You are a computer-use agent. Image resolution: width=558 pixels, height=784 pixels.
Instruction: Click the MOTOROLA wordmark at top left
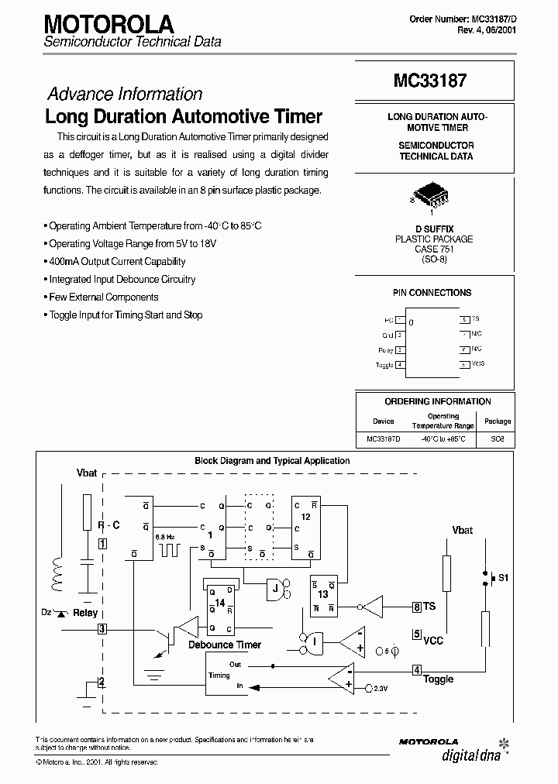click(x=104, y=22)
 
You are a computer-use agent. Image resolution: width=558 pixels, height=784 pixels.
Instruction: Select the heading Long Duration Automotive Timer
click(x=184, y=117)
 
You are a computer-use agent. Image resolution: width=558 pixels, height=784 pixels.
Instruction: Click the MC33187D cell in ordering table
click(x=383, y=438)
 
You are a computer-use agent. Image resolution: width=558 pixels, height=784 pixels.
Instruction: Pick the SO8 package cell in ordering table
click(x=497, y=438)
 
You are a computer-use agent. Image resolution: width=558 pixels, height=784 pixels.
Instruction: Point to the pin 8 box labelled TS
click(x=417, y=607)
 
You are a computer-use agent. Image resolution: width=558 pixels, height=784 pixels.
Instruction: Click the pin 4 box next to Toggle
click(x=417, y=670)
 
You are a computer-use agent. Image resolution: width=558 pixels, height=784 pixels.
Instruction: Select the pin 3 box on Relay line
click(x=102, y=628)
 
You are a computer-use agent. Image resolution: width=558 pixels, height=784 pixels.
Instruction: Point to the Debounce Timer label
click(x=226, y=645)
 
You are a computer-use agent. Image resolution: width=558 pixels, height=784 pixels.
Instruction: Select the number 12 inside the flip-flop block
click(x=305, y=515)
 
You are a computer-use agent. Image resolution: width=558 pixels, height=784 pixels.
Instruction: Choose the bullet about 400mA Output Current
click(x=117, y=261)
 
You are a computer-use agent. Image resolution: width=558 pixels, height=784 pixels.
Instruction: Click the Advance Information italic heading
click(x=125, y=94)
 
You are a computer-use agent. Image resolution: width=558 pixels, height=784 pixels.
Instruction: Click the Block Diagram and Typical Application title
click(x=272, y=460)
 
